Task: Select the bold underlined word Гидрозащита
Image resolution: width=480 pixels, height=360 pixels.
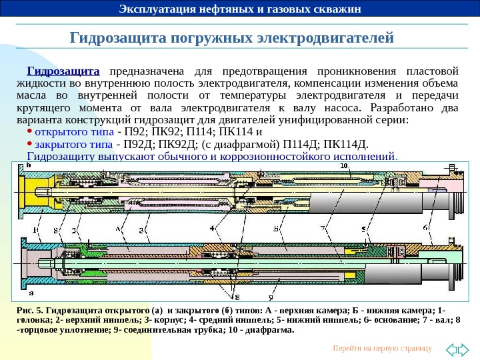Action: [x=63, y=71]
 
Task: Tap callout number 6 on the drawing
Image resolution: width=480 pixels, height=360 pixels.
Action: [x=425, y=228]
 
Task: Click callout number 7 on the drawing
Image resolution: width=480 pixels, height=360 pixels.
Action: [x=323, y=228]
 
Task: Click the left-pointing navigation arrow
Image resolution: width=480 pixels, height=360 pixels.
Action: [x=450, y=348]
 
